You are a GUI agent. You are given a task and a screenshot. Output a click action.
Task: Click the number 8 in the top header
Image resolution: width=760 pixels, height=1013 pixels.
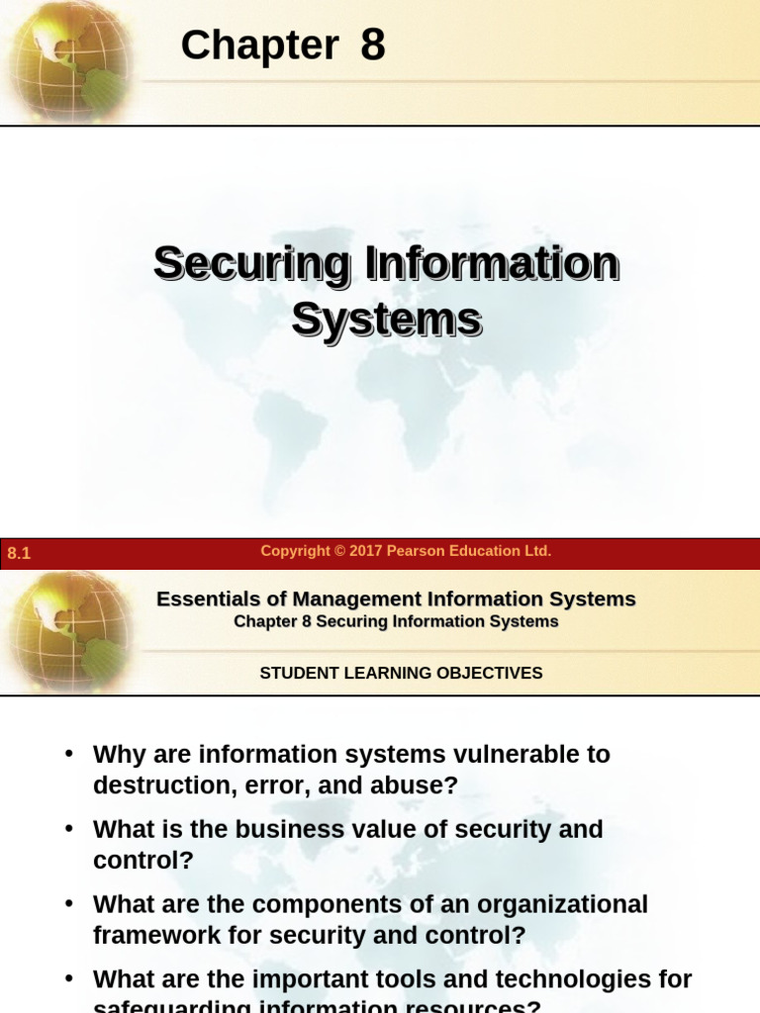coord(372,46)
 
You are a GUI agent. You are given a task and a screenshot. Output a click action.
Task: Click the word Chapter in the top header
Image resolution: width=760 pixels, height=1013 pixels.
coord(259,46)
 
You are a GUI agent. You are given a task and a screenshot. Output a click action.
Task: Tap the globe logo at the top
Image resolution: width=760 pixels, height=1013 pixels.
coord(67,59)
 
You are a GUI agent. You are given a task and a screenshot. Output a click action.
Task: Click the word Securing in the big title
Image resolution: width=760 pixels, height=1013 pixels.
coord(251,264)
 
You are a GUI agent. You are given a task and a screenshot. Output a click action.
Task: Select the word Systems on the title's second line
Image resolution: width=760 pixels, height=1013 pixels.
coord(386,321)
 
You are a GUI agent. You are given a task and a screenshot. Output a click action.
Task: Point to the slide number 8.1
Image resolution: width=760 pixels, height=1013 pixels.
coord(19,554)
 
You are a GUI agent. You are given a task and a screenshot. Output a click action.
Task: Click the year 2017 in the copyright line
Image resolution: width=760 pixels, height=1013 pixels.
coord(364,551)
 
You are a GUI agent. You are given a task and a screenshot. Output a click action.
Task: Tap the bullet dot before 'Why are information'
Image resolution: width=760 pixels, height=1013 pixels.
coord(69,754)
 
